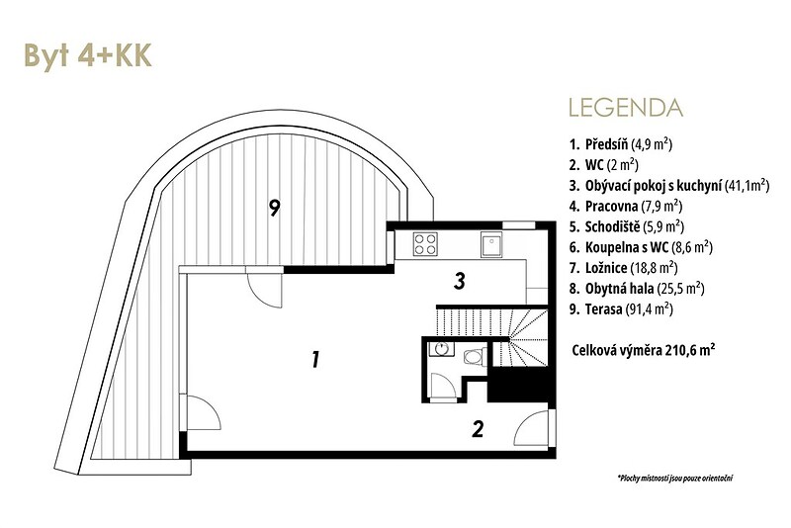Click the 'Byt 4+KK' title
click(88, 55)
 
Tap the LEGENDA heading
click(626, 108)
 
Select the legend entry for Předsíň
click(621, 144)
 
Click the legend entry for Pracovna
click(626, 206)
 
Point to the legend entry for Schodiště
click(627, 226)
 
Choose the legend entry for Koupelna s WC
click(641, 247)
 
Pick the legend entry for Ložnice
click(624, 268)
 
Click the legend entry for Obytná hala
click(637, 289)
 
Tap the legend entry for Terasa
click(622, 309)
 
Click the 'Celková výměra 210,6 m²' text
click(644, 350)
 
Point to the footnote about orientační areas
click(675, 478)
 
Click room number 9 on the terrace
click(275, 208)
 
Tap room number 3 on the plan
click(459, 282)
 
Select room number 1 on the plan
click(315, 360)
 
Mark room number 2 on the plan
click(478, 429)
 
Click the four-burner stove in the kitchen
click(425, 243)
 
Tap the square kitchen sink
click(491, 244)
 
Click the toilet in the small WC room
click(475, 357)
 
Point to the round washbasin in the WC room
click(441, 348)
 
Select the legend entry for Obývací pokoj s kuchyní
click(669, 185)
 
